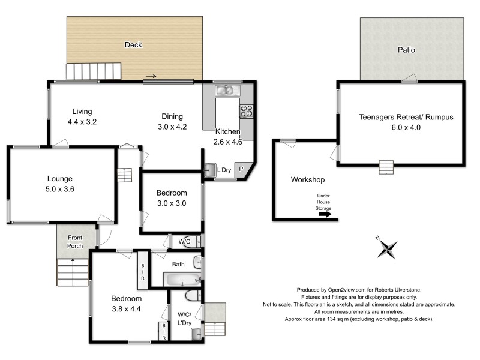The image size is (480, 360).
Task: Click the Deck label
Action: (133, 44)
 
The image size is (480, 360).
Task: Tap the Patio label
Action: (406, 50)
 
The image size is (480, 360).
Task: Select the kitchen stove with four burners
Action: (246, 111)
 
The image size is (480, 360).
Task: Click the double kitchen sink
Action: (228, 91)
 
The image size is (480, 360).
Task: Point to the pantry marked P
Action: (241, 169)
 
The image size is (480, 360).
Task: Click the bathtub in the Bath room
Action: (182, 280)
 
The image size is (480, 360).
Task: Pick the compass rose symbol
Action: (387, 247)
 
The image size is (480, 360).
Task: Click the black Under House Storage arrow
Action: (325, 214)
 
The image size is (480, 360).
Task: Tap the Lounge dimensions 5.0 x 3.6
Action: (59, 189)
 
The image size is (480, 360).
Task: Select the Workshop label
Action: (308, 179)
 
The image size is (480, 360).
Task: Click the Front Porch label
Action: (75, 242)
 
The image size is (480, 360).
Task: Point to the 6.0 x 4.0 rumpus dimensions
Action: (406, 128)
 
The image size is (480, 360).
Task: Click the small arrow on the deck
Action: (151, 76)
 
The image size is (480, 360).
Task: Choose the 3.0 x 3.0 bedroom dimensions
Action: (172, 203)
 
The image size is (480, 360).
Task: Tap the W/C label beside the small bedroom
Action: (184, 242)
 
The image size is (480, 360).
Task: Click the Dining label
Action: (172, 116)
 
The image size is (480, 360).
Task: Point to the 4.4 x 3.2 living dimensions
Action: (82, 122)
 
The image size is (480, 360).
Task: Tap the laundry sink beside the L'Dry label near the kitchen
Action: (210, 170)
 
